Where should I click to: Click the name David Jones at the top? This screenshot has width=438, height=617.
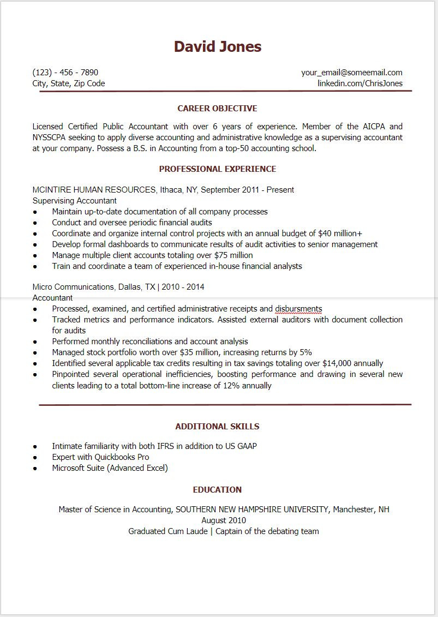coord(218,47)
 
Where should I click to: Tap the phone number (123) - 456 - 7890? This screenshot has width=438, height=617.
coord(65,73)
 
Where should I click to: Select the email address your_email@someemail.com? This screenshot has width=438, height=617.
coord(351,73)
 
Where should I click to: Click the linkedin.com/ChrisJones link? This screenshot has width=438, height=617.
coord(360,83)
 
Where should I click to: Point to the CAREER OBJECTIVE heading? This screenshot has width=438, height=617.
coord(217,109)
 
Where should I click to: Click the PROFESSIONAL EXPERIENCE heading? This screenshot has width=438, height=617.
coord(217,169)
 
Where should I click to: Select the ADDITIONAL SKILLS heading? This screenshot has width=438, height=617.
coord(217,427)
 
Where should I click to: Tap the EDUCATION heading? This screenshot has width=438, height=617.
coord(217,490)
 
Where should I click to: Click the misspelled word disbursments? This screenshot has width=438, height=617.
coord(298,309)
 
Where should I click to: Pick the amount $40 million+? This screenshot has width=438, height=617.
coord(340,233)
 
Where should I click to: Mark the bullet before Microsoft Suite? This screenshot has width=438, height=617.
coord(35,469)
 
